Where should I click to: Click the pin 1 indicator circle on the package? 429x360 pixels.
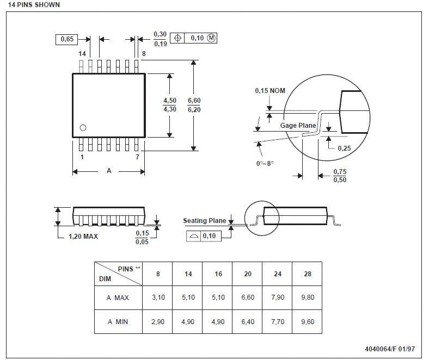click(83, 128)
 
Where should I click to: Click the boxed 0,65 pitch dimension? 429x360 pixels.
click(67, 39)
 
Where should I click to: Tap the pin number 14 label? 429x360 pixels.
click(82, 54)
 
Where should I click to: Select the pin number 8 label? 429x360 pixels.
click(144, 54)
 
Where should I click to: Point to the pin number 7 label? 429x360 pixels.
click(137, 157)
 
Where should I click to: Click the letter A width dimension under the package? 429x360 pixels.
click(109, 171)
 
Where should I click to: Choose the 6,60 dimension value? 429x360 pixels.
click(194, 101)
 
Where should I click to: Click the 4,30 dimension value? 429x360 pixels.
click(170, 109)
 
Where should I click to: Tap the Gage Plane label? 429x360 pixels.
click(298, 126)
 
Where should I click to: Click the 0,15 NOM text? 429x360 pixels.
click(270, 91)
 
